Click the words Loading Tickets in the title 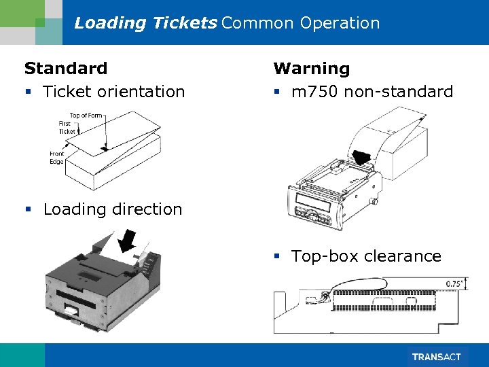(145, 23)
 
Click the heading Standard (66, 68)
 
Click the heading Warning (312, 68)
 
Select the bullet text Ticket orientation (113, 92)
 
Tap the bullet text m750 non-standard (372, 92)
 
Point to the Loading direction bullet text (113, 209)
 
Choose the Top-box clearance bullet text (366, 256)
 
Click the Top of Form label (86, 116)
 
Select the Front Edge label (56, 158)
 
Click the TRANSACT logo (436, 357)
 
